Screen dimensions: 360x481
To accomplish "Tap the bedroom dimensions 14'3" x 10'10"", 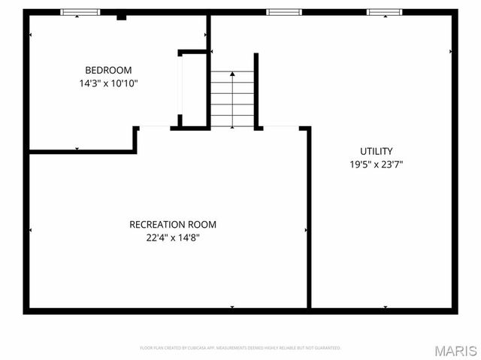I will (x=109, y=83).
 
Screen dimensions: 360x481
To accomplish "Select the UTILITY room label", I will (x=376, y=150).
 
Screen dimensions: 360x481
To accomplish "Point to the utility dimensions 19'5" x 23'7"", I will (x=376, y=164).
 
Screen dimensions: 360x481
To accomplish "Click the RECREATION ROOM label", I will (x=173, y=224).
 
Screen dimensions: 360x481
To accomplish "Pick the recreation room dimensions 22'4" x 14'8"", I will (x=173, y=237).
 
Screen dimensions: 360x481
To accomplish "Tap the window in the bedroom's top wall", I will (x=80, y=12).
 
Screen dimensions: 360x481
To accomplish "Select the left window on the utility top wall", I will (x=284, y=12).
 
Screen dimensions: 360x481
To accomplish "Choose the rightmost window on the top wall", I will (x=384, y=12).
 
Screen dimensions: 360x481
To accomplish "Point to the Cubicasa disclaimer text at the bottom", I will (x=240, y=348).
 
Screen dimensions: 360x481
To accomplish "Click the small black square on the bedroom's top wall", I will (x=121, y=16).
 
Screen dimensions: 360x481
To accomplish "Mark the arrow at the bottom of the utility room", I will (x=385, y=307).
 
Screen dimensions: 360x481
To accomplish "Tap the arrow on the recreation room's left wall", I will (x=30, y=229).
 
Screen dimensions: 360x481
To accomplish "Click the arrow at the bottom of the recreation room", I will (x=232, y=307).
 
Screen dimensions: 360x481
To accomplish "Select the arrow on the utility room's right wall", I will (x=450, y=51).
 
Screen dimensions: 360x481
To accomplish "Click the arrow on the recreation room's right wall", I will (x=305, y=229).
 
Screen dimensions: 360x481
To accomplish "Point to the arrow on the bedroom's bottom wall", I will (x=77, y=149).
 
